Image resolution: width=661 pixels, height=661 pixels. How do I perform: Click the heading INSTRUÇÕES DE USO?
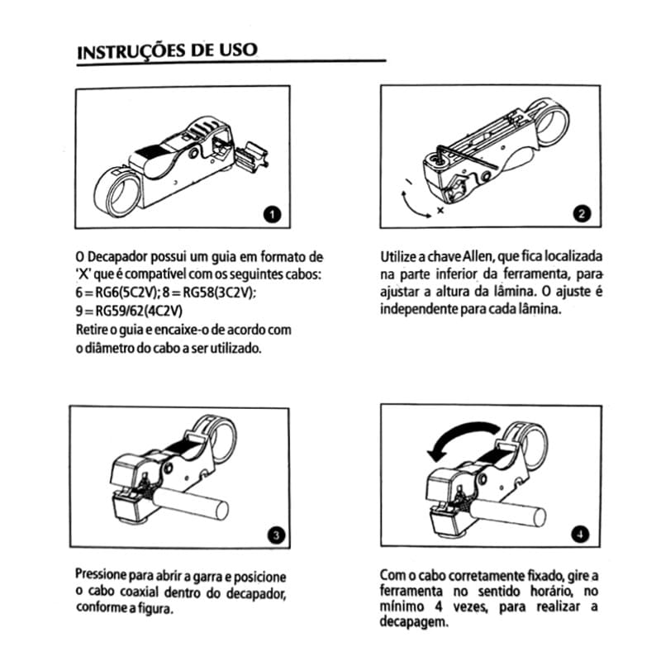166,50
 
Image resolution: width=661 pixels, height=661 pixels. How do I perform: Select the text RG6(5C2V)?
115,293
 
